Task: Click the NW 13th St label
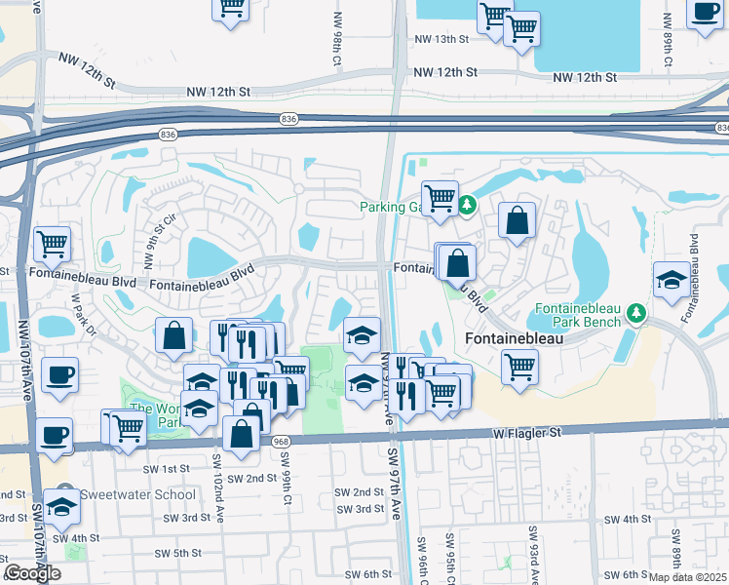pyautogui.click(x=441, y=39)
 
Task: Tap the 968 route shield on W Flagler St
pyautogui.click(x=281, y=441)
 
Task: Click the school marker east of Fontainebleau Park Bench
pyautogui.click(x=671, y=280)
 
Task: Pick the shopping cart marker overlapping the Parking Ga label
pyautogui.click(x=441, y=198)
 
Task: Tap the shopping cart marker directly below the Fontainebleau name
pyautogui.click(x=519, y=368)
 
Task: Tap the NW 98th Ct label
pyautogui.click(x=338, y=39)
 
